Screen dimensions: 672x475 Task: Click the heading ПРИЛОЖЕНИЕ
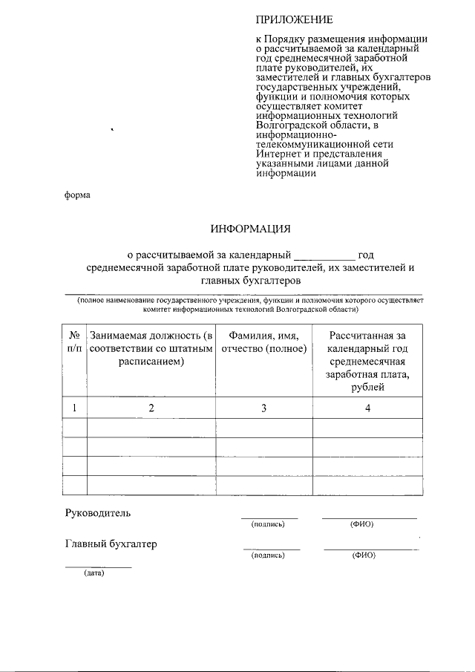[x=295, y=19]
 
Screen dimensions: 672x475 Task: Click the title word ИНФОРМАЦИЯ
[x=249, y=228]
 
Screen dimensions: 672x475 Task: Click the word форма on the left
[x=76, y=195]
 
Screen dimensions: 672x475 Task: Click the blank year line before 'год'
[x=324, y=255]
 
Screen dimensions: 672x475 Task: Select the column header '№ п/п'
[x=74, y=342]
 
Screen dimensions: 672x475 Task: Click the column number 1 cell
[x=74, y=408]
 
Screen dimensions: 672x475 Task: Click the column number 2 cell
[x=151, y=408]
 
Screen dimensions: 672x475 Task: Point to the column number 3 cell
[x=263, y=408]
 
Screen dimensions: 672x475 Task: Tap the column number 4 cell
[x=367, y=408]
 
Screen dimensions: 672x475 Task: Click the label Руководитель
[x=98, y=513]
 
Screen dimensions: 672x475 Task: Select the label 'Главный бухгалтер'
[x=111, y=544]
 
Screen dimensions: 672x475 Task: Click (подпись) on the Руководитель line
[x=268, y=524]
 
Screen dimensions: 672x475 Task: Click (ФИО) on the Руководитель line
[x=362, y=524]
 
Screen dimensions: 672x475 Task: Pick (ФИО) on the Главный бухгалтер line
[x=364, y=555]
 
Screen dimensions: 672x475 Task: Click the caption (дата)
[x=94, y=573]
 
